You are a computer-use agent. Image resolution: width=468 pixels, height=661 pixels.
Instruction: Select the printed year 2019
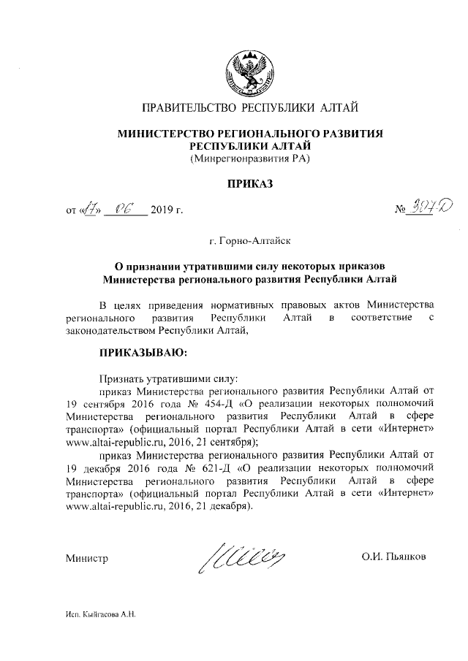tap(164, 212)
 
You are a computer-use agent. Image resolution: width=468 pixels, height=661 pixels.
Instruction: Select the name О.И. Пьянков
tap(393, 558)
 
